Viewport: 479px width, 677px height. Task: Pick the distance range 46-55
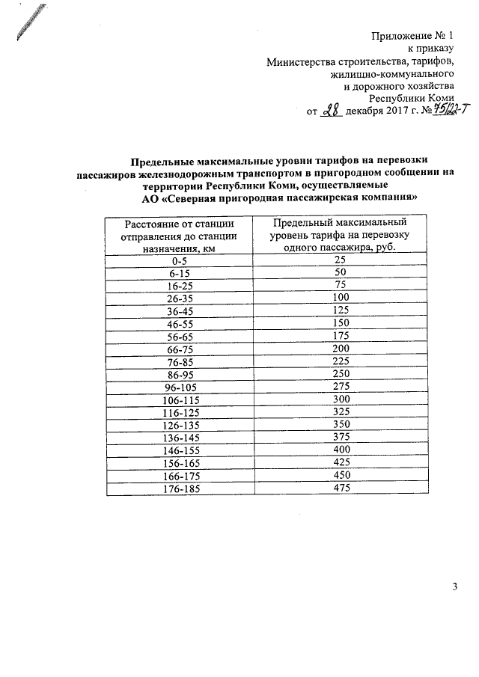(x=179, y=324)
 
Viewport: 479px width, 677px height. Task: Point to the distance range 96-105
(x=179, y=387)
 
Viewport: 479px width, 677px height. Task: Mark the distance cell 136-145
(x=179, y=438)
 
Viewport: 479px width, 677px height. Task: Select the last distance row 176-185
(x=179, y=489)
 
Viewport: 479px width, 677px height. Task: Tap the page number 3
(x=454, y=586)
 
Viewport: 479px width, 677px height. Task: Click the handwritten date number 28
(x=330, y=111)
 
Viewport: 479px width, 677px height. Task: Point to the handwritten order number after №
(x=435, y=111)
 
